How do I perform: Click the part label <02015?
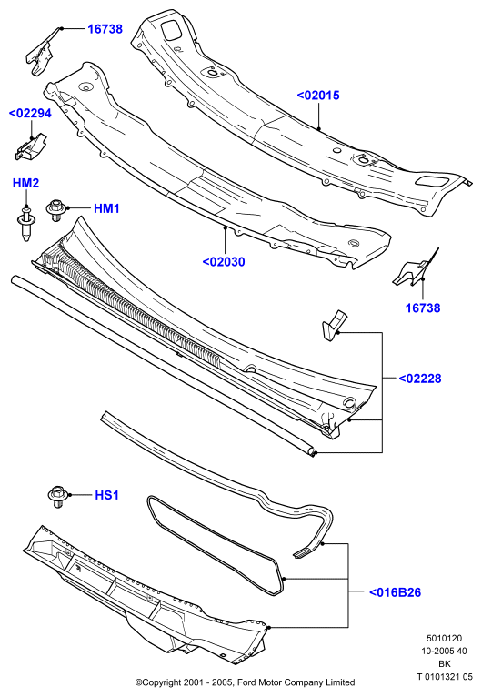(318, 96)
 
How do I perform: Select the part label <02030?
(224, 262)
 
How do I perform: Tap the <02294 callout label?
(30, 114)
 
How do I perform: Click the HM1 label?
(106, 208)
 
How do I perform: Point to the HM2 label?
(25, 183)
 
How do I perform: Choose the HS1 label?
(107, 495)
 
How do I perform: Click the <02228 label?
(420, 379)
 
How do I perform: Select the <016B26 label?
(395, 592)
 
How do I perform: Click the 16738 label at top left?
(105, 29)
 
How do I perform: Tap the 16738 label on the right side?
(423, 308)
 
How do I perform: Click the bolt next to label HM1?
(56, 210)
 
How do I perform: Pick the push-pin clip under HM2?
(26, 223)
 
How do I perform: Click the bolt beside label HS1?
(58, 497)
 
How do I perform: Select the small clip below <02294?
(30, 146)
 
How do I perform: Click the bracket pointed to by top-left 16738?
(40, 52)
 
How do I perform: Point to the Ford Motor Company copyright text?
(246, 682)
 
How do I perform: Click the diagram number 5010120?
(444, 639)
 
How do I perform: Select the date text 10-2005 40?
(444, 652)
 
